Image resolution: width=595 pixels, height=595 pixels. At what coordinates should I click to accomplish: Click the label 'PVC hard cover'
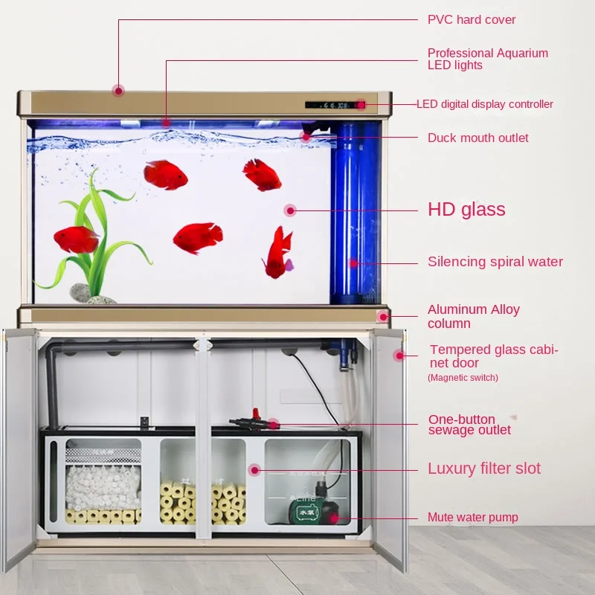point(472,19)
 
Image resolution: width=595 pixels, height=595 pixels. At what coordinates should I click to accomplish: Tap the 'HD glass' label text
point(466,210)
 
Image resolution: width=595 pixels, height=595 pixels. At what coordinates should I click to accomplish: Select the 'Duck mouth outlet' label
point(477,138)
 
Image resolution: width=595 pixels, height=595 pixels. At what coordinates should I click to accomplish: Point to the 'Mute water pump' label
point(472,517)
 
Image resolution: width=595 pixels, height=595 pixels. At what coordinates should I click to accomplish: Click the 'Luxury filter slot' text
point(483,469)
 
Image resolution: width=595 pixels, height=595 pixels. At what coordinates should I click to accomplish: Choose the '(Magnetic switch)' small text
point(463,378)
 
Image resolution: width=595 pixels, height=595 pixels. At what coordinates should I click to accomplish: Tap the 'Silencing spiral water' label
point(495,262)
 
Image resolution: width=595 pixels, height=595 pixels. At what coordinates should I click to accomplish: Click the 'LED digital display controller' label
point(484,104)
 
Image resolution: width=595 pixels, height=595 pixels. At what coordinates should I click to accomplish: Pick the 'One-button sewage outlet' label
point(469,425)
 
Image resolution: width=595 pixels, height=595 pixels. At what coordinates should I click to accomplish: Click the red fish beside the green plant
point(76,239)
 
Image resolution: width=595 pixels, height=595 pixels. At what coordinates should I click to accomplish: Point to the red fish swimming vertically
point(278,253)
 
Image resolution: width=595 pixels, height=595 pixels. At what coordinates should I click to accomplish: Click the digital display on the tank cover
point(330,105)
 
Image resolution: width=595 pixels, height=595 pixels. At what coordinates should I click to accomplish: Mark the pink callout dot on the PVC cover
point(118,91)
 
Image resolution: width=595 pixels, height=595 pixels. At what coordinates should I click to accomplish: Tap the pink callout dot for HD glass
point(290,210)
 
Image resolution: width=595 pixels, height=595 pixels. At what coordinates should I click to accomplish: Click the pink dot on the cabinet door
point(399,356)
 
